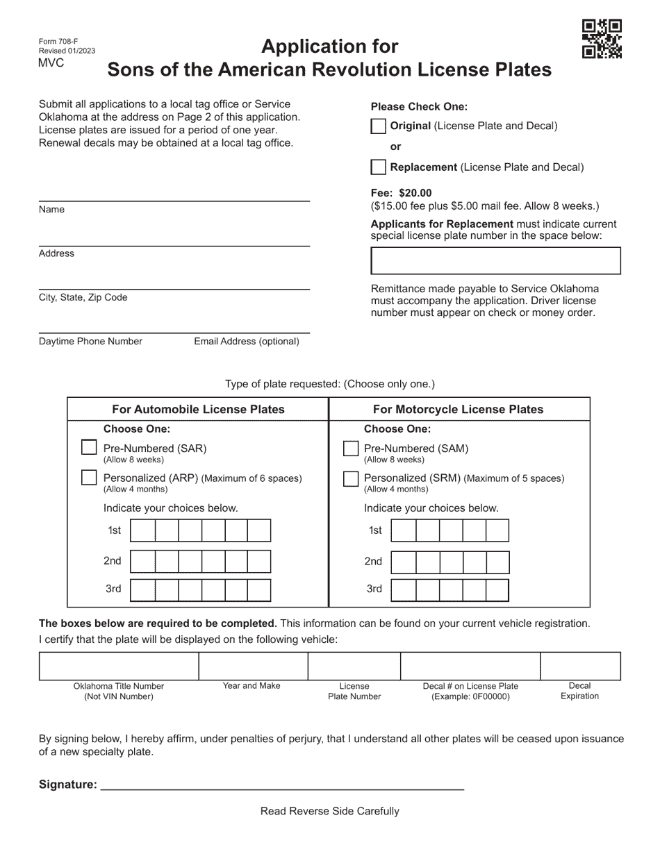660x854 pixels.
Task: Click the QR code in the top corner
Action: [x=602, y=40]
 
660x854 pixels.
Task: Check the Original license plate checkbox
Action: [x=378, y=126]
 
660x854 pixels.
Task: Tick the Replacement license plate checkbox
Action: [x=378, y=167]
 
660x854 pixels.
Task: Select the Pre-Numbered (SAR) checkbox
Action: [x=89, y=448]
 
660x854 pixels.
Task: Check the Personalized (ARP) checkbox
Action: [x=89, y=478]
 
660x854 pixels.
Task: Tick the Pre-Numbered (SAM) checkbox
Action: [x=351, y=449]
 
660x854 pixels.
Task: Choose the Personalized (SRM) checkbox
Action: [x=351, y=478]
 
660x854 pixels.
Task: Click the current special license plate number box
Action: [x=495, y=261]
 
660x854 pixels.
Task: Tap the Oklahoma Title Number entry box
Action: [x=119, y=666]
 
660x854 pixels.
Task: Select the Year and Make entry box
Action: [x=253, y=666]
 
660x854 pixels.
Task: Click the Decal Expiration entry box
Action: [x=580, y=666]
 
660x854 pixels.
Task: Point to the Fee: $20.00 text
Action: [x=401, y=193]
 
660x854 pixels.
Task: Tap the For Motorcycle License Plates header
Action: [x=458, y=410]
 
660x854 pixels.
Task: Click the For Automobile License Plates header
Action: [x=198, y=410]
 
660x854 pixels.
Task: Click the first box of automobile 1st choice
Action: [x=142, y=531]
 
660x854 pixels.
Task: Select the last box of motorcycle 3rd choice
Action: [x=497, y=589]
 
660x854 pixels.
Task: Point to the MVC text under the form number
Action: [x=51, y=63]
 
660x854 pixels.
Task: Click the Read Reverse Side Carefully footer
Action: [x=329, y=811]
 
